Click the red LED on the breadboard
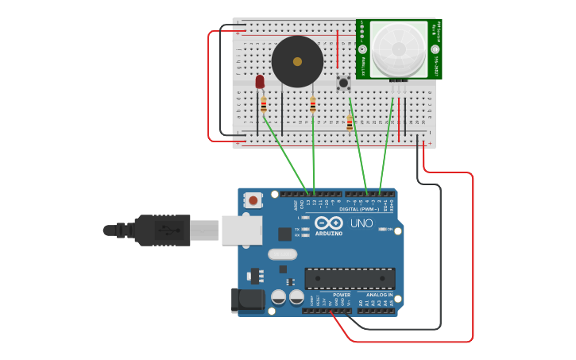(260, 81)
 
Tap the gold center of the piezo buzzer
(297, 61)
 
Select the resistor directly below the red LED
(264, 104)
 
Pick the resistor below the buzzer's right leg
(313, 105)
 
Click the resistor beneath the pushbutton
(350, 122)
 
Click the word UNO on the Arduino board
(361, 223)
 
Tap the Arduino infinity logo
(329, 223)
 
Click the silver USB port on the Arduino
(242, 230)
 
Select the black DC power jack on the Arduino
(247, 300)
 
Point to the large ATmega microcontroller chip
(350, 278)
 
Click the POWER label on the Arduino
(342, 295)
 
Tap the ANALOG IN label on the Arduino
(379, 295)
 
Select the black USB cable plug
(162, 230)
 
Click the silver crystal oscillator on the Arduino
(282, 254)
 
